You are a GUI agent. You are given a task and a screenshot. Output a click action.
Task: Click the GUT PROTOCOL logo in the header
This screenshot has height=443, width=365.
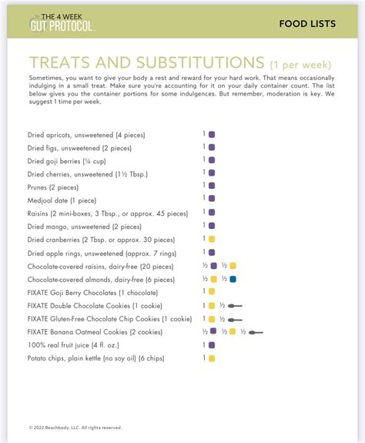pos(62,22)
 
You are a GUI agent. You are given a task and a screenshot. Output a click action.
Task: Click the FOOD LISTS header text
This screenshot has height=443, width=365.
pos(307,24)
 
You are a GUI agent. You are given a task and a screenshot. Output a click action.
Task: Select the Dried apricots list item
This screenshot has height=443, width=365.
pos(85,135)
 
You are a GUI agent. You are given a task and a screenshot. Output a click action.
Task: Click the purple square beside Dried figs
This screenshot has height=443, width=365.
pos(212,147)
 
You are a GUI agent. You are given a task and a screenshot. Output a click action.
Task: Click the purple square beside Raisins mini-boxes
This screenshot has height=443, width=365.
pos(212,213)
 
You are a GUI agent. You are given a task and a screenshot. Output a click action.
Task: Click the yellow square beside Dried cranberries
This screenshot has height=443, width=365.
pos(212,239)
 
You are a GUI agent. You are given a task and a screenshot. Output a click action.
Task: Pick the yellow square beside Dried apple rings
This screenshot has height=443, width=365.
pos(212,252)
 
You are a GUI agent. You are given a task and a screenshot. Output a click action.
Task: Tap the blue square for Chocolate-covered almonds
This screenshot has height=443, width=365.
pos(233,278)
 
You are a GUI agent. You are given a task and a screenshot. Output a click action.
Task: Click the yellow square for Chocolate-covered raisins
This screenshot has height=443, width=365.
pos(233,265)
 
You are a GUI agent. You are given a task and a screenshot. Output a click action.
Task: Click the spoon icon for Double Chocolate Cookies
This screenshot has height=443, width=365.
pos(236,306)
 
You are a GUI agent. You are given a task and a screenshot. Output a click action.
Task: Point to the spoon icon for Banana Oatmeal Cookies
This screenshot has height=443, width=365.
pos(256,332)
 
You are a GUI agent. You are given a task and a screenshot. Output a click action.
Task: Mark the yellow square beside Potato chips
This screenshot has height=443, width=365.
pos(212,358)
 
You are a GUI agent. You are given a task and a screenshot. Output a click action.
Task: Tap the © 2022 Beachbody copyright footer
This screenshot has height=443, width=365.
pos(75,427)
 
